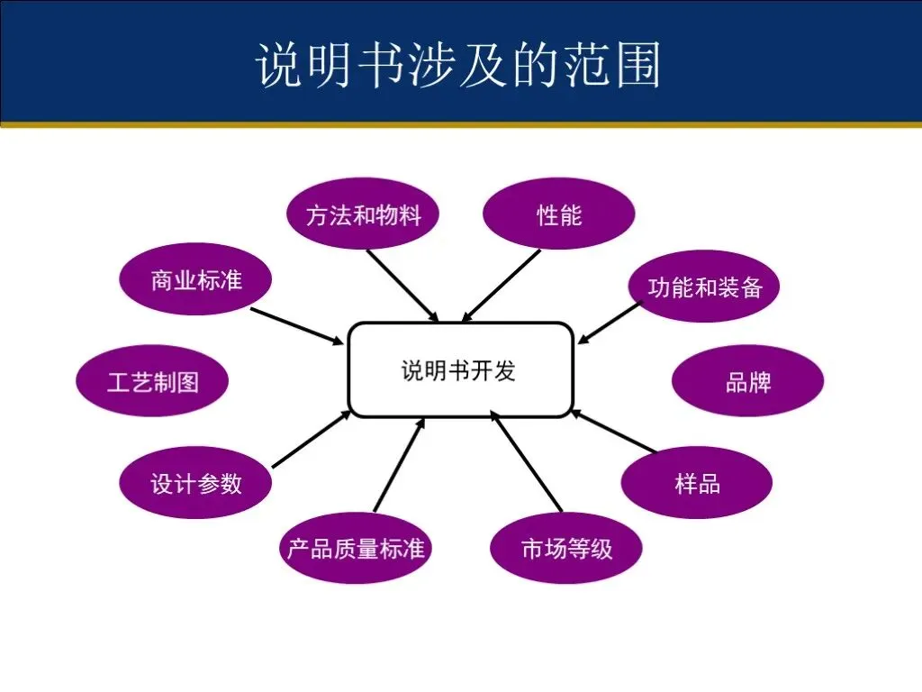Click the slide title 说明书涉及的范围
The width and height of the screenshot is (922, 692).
(459, 64)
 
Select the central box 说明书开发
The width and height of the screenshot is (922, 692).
(460, 370)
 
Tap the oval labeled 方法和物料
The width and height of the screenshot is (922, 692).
(363, 214)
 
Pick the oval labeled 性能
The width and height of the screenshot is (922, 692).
(559, 214)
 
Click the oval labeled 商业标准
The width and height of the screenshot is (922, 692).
(196, 280)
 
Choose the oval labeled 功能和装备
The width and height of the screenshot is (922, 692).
(704, 287)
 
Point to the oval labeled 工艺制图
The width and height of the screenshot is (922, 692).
(152, 381)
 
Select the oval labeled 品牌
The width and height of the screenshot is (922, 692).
(747, 381)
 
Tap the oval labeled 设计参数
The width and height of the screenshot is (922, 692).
(196, 483)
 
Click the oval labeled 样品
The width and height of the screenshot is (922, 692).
(697, 483)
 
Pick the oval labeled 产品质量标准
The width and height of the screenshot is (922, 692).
(356, 548)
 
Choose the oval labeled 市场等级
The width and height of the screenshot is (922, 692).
(566, 548)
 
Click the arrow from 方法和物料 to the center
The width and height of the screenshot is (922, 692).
(402, 285)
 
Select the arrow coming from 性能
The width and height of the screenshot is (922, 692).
(501, 285)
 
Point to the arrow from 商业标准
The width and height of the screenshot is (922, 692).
(297, 326)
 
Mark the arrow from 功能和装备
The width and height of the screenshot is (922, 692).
(609, 323)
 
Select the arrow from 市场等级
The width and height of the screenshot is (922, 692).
(527, 461)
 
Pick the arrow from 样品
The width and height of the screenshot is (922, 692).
(614, 432)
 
